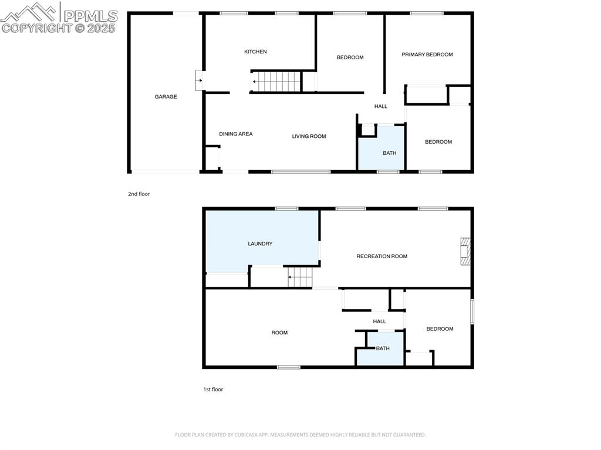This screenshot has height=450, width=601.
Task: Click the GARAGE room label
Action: (x=166, y=97)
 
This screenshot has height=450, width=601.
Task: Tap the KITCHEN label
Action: (x=255, y=52)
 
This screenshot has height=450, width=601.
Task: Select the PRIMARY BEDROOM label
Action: (x=427, y=55)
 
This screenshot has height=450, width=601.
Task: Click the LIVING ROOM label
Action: (x=309, y=136)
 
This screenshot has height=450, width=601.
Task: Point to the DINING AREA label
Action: (x=236, y=134)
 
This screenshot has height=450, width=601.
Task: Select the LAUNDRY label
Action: (x=260, y=243)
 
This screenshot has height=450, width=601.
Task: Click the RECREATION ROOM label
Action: (x=381, y=256)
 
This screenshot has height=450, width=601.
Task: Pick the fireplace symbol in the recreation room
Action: (x=465, y=251)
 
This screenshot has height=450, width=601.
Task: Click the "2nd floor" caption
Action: (x=139, y=194)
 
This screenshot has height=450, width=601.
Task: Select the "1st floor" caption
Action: (x=213, y=389)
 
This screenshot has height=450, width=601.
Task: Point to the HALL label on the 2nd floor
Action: (x=381, y=106)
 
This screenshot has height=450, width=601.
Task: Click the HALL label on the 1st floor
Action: (x=379, y=321)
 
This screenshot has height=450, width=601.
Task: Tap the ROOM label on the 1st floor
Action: (x=279, y=333)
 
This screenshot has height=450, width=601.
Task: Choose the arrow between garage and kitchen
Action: (x=200, y=80)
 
